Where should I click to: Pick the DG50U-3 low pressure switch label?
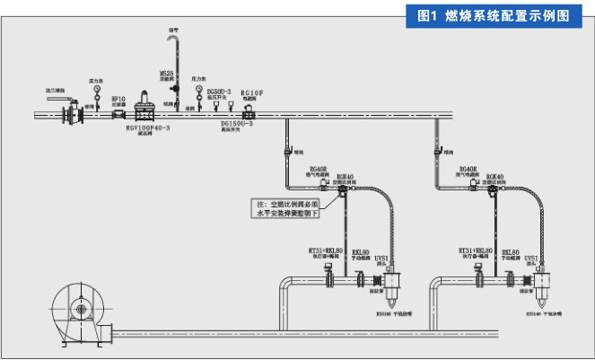[x=218, y=90]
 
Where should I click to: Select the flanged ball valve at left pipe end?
[x=68, y=114]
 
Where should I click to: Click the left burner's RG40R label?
[x=318, y=169]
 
